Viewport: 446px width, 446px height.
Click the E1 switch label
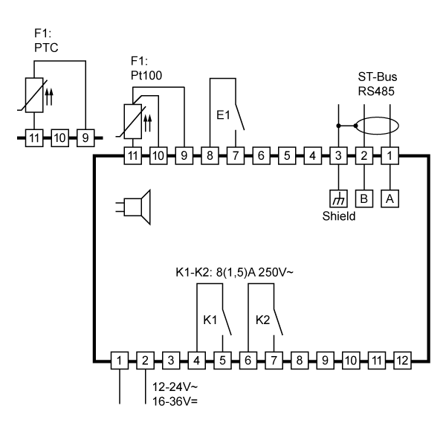pyautogui.click(x=223, y=115)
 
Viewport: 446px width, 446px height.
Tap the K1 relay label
pyautogui.click(x=210, y=320)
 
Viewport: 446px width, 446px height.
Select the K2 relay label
pyautogui.click(x=262, y=320)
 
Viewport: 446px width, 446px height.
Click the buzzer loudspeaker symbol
pyautogui.click(x=133, y=207)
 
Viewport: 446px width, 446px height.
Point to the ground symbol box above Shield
pyautogui.click(x=338, y=198)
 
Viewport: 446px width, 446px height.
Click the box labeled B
pyautogui.click(x=364, y=198)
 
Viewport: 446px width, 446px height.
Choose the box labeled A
pyautogui.click(x=390, y=198)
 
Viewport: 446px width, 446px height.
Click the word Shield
pyautogui.click(x=339, y=216)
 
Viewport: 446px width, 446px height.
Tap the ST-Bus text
pyautogui.click(x=378, y=77)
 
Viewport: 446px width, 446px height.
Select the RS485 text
pyautogui.click(x=376, y=91)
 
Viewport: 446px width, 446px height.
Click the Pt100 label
pyautogui.click(x=146, y=75)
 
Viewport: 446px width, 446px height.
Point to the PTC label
pyautogui.click(x=46, y=48)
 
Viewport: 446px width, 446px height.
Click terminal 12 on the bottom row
pyautogui.click(x=402, y=361)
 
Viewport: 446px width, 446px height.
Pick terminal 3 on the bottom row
pyautogui.click(x=171, y=361)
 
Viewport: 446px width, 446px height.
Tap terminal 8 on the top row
pyautogui.click(x=210, y=155)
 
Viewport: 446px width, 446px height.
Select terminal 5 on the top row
pyautogui.click(x=287, y=155)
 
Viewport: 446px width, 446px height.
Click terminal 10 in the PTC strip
pyautogui.click(x=59, y=138)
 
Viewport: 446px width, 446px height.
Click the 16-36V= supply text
pyautogui.click(x=175, y=401)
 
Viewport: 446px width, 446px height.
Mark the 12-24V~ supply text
pyautogui.click(x=175, y=387)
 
